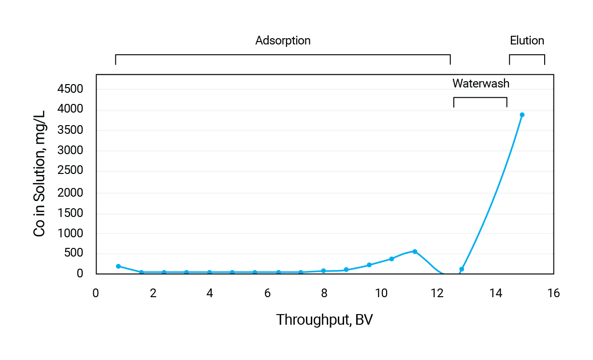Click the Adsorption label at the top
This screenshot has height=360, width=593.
point(283,41)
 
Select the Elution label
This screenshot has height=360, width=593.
point(527,41)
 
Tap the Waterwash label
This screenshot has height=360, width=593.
point(480,84)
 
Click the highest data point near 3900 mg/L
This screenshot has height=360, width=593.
point(522,115)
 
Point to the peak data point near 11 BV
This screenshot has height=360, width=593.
point(415,251)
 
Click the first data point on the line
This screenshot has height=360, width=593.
point(118,266)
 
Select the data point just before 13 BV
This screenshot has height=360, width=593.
point(462,269)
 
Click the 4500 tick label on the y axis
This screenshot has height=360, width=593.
point(71,89)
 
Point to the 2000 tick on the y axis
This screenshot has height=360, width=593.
point(71,193)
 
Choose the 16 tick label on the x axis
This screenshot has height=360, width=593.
point(554,293)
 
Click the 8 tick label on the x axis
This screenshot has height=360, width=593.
point(324,293)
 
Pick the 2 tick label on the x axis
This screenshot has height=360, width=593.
point(153,293)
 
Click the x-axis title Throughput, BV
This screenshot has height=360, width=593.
point(324,320)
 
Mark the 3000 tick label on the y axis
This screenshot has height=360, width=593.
point(71,150)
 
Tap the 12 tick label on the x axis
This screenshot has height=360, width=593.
point(438,293)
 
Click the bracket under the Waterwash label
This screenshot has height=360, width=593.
point(480,98)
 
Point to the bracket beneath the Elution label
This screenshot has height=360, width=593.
point(527,55)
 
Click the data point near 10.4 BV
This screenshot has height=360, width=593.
point(391,259)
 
